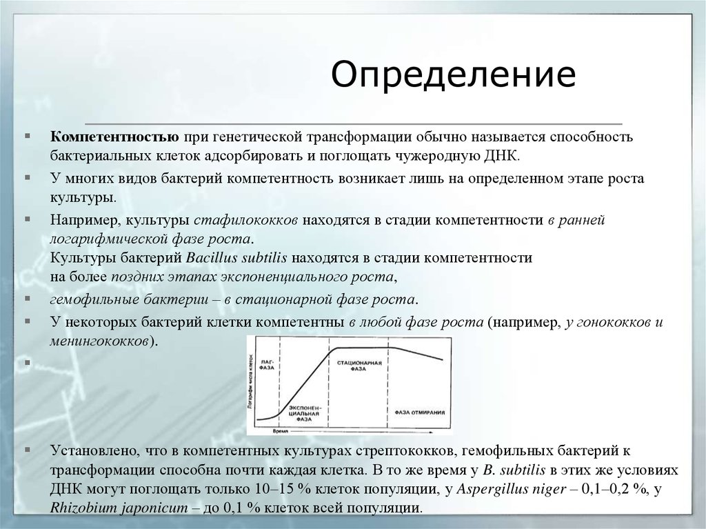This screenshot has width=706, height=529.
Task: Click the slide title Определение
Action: coord(454,74)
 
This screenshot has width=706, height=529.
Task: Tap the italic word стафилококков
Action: coord(246,221)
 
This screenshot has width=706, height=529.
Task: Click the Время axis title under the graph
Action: coord(279,430)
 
